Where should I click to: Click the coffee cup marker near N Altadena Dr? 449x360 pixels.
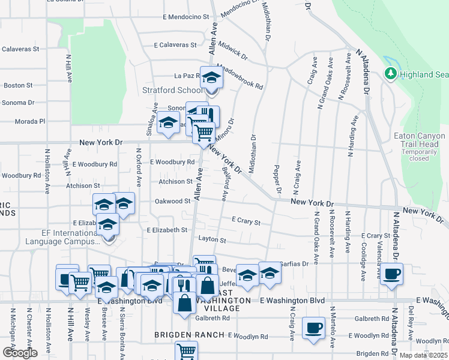(x=392, y=275)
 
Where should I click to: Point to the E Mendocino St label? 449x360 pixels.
(x=180, y=18)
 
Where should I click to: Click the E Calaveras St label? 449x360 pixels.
(x=175, y=45)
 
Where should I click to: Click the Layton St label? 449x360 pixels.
(x=212, y=241)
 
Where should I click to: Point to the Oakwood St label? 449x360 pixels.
(x=173, y=202)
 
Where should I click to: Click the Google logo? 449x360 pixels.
(x=20, y=353)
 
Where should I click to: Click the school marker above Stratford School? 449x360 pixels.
(x=211, y=78)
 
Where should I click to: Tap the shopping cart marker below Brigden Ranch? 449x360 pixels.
(x=186, y=350)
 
